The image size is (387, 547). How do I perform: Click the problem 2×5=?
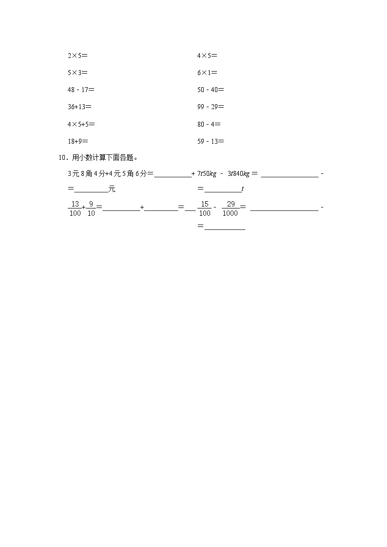tap(77, 56)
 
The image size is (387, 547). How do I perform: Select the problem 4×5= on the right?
tap(207, 56)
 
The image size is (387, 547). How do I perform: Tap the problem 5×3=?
tap(77, 73)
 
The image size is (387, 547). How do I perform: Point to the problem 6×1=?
tap(207, 73)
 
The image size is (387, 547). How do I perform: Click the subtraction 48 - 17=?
tap(81, 90)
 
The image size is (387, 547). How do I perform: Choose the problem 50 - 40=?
tap(211, 90)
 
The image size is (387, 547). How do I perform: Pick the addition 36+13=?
tap(79, 107)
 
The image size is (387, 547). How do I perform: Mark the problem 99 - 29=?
tap(211, 107)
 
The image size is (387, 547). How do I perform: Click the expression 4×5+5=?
tap(81, 124)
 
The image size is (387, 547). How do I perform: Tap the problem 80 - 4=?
tap(209, 124)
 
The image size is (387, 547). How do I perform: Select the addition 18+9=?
tap(78, 141)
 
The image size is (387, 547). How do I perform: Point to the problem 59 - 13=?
tap(211, 141)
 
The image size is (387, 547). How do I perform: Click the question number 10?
tap(62, 157)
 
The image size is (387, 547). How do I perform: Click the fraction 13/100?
tap(75, 208)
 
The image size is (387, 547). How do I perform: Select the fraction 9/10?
tap(91, 208)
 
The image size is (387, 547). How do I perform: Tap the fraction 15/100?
tap(205, 208)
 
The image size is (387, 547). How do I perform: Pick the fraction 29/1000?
tap(231, 208)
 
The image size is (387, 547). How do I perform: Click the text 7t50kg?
tap(207, 173)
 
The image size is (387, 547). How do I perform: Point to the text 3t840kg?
tap(238, 173)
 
